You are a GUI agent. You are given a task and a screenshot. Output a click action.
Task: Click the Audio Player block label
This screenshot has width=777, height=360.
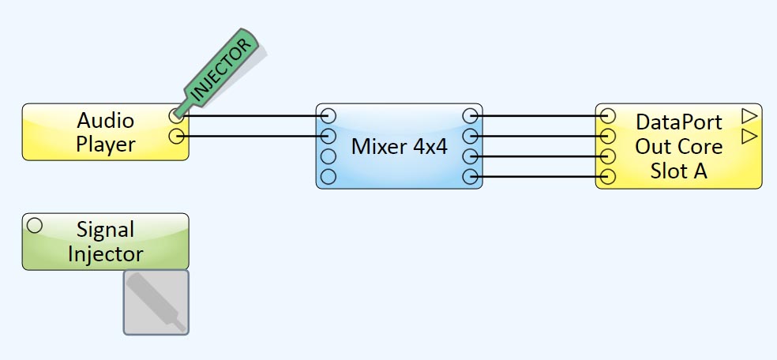(105, 133)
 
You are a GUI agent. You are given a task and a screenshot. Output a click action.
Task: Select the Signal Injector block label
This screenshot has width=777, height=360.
(105, 242)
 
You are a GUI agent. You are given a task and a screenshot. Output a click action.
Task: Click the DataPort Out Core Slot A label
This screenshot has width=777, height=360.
(679, 146)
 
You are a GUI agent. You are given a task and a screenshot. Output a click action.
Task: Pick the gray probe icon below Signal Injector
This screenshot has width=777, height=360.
(156, 302)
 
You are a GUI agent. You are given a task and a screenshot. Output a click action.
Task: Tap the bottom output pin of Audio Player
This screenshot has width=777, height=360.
(176, 137)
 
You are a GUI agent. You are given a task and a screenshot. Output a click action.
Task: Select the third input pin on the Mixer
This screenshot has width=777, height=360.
(328, 156)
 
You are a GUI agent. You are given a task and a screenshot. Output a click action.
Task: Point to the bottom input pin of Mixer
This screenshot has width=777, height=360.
(328, 175)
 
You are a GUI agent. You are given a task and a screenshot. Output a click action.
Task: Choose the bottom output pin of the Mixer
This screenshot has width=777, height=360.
(470, 175)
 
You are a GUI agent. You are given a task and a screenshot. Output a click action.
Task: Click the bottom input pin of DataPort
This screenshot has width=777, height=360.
(607, 175)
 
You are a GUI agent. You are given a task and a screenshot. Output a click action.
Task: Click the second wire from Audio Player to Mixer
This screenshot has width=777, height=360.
(253, 137)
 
